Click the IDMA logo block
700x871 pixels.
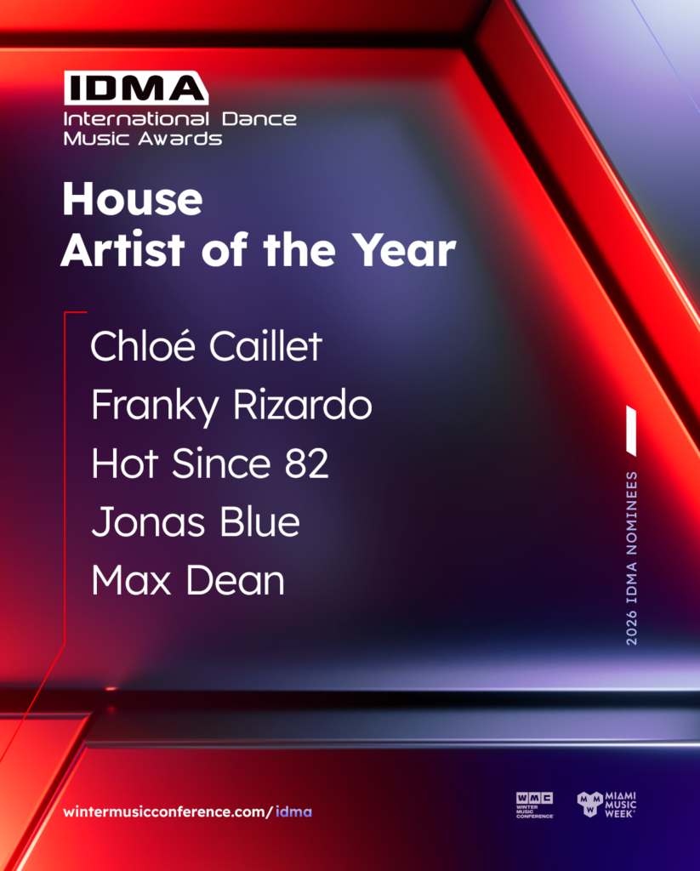[x=136, y=88]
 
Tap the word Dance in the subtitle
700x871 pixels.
[x=259, y=119]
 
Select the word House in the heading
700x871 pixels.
[x=133, y=199]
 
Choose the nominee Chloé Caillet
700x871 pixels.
[x=206, y=345]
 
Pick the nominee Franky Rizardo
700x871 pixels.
[x=231, y=406]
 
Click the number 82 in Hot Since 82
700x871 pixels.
[x=307, y=464]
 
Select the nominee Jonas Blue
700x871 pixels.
[x=196, y=521]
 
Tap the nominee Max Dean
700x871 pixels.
[x=188, y=580]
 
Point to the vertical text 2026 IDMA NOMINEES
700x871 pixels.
[x=632, y=558]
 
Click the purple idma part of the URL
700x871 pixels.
[x=294, y=811]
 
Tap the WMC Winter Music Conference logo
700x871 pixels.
[x=534, y=805]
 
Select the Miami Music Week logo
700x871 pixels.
[x=606, y=805]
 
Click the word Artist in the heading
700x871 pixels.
[x=122, y=250]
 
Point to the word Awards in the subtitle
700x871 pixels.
[x=180, y=139]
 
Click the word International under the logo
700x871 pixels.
[x=136, y=119]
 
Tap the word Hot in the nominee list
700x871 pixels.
[x=125, y=464]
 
